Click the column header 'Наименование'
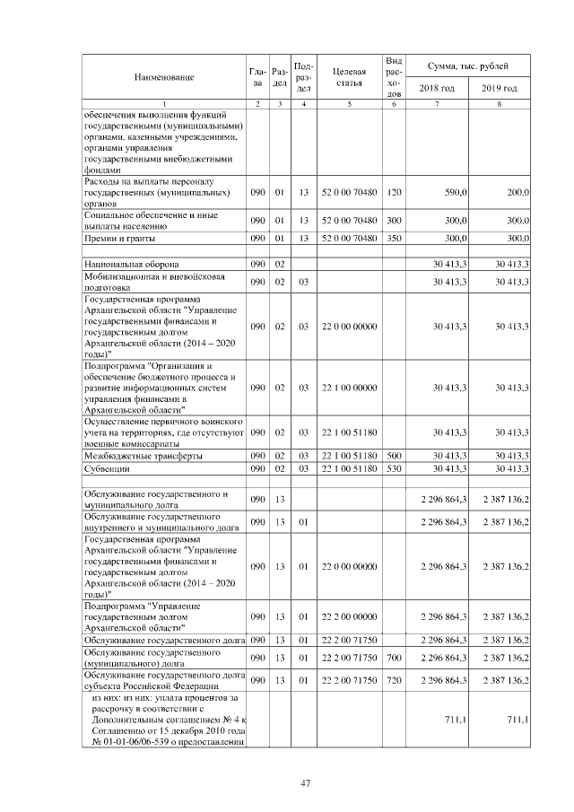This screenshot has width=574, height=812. click(x=164, y=77)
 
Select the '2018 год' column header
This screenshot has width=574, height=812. click(x=437, y=88)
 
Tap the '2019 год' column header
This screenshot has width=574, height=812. click(x=499, y=88)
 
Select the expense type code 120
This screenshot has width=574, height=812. click(x=393, y=193)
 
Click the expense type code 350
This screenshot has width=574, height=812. click(x=393, y=239)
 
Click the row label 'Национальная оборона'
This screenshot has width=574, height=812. click(x=131, y=265)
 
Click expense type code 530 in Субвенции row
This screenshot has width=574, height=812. click(x=393, y=468)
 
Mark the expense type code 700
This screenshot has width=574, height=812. click(x=393, y=659)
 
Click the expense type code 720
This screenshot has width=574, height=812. click(x=393, y=681)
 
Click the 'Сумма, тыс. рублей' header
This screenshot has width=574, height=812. click(x=468, y=66)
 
